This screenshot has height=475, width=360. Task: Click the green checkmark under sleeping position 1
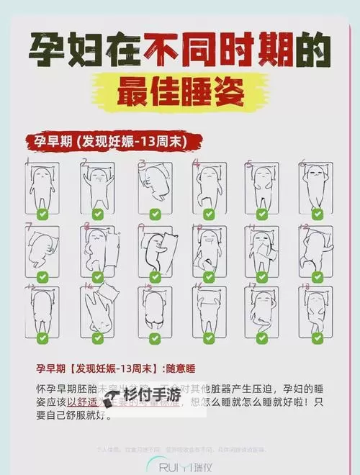[42, 214]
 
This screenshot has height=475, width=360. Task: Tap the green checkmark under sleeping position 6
[314, 214]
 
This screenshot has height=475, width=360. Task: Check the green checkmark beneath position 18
[314, 336]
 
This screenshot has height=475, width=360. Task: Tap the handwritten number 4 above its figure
[195, 164]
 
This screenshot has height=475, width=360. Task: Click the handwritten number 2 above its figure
[84, 164]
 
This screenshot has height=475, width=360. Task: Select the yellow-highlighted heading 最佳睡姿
[180, 94]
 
